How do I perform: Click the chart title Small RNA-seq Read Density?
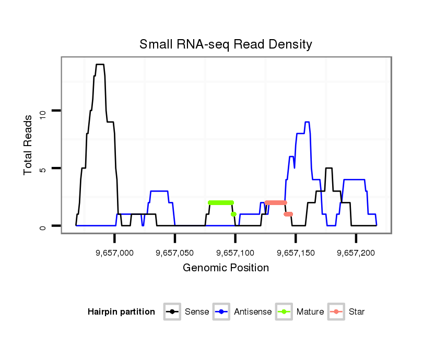226,44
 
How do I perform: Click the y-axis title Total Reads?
29,145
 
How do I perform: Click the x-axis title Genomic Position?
226,268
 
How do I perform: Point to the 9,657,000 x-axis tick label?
114,253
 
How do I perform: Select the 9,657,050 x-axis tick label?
175,253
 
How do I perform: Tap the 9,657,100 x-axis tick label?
235,253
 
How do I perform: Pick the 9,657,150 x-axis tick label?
296,253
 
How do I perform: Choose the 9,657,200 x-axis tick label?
356,253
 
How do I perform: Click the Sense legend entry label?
197,312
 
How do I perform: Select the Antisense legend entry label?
253,312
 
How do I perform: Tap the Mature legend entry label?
310,312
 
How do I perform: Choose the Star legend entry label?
357,312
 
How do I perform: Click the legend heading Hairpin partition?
121,312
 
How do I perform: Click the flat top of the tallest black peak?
100,65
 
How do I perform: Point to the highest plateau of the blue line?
307,122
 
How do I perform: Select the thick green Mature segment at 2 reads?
221,202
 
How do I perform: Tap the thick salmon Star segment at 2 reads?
276,202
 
